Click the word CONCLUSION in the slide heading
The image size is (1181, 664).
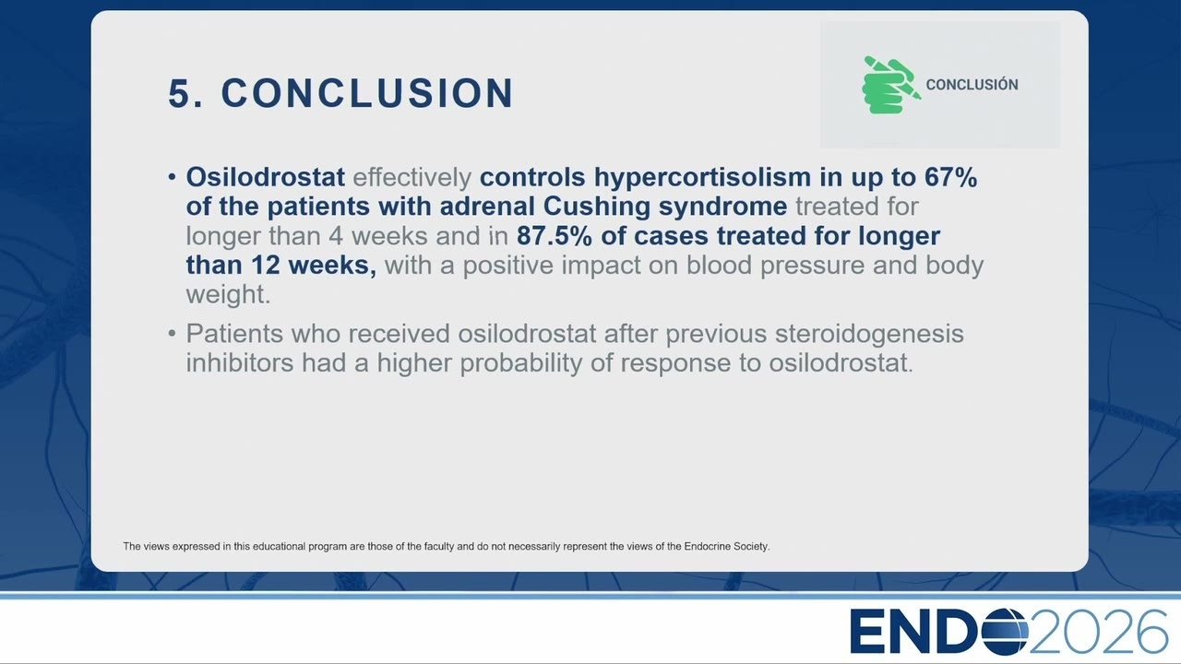pyautogui.click(x=367, y=93)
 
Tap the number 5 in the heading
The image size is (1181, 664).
pyautogui.click(x=179, y=93)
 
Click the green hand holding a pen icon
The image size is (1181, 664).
pyautogui.click(x=891, y=84)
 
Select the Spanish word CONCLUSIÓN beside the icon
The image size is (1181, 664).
pyautogui.click(x=972, y=84)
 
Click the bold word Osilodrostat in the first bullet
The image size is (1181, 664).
pyautogui.click(x=265, y=177)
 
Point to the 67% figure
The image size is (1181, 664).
pyautogui.click(x=950, y=177)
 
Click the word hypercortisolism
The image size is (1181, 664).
pyautogui.click(x=702, y=178)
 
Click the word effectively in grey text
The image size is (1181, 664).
pyautogui.click(x=412, y=178)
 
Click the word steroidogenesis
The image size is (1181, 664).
pyautogui.click(x=869, y=334)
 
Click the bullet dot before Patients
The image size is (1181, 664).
pyautogui.click(x=172, y=334)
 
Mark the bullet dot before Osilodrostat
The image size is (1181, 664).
pyautogui.click(x=172, y=177)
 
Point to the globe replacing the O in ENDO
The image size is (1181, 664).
pyautogui.click(x=1005, y=632)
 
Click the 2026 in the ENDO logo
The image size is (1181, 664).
pyautogui.click(x=1098, y=632)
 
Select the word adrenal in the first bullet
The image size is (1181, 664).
pyautogui.click(x=487, y=207)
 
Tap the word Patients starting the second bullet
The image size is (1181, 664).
pyautogui.click(x=234, y=334)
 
